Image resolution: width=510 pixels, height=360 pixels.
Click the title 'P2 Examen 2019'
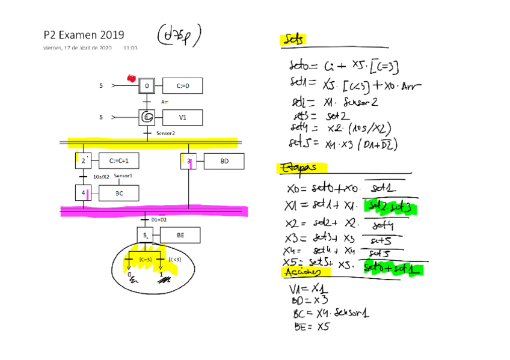[x=84, y=35]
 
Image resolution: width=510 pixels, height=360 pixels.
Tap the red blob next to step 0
[x=131, y=78]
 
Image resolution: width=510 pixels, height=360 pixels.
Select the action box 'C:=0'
[x=182, y=86]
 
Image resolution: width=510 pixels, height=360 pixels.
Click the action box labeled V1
[x=182, y=117]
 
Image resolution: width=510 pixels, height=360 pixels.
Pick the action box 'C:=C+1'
[x=123, y=161]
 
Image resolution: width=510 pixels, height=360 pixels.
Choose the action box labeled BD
[x=224, y=161]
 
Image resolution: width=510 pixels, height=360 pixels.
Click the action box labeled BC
[x=119, y=193]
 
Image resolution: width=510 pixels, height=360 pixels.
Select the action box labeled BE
[x=180, y=236]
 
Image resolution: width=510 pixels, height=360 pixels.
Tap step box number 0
[x=147, y=86]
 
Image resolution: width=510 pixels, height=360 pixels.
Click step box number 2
[x=82, y=161]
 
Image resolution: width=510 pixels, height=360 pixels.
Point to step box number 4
[x=82, y=193]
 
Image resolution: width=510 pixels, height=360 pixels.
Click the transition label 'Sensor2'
[x=165, y=133]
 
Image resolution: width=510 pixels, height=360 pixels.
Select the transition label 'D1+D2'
[x=159, y=219]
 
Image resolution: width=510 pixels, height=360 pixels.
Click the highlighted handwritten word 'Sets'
[x=293, y=39]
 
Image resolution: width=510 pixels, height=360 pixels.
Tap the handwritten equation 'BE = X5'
[x=312, y=326]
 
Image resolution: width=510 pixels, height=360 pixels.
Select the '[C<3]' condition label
[x=174, y=260]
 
